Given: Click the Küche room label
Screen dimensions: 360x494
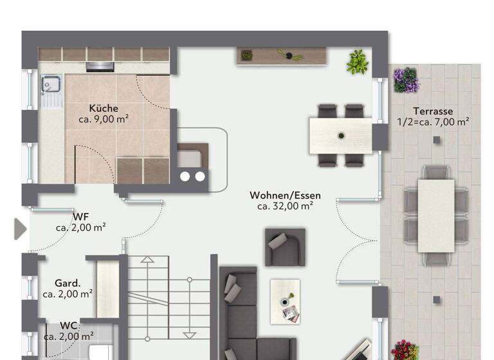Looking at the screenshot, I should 104,108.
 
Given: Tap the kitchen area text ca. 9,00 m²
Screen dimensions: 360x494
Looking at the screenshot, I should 104,119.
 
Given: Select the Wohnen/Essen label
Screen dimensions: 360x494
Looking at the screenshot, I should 285,195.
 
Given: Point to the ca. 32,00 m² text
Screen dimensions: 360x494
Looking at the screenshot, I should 285,206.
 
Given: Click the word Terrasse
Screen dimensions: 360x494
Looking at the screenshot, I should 434,111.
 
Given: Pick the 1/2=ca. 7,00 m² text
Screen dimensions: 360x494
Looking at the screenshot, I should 433,122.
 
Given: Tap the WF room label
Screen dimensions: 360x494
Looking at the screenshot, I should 80,216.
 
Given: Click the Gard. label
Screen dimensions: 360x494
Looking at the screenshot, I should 67,283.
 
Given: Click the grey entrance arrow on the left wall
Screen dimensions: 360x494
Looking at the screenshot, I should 20,228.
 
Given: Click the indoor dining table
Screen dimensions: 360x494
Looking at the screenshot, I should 340,136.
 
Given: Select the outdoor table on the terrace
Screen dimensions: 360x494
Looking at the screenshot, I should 435,215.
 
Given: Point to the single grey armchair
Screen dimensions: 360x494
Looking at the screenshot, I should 285,246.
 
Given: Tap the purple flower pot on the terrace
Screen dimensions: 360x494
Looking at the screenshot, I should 406,80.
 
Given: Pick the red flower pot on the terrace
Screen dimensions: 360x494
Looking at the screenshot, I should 405,350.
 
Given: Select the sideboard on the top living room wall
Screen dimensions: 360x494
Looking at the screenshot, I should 281,56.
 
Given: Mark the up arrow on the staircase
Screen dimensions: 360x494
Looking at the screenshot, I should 147,260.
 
